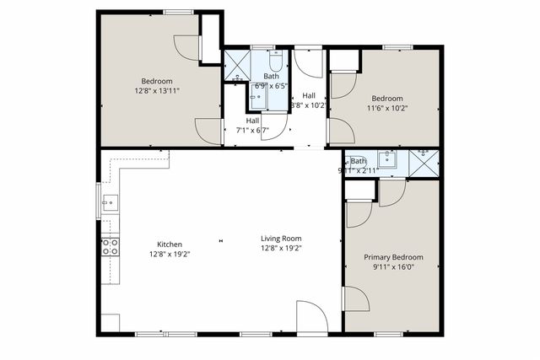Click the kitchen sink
(110, 203)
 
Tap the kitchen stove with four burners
(110, 246)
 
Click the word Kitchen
(170, 244)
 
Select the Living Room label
(281, 239)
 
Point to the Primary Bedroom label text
(393, 257)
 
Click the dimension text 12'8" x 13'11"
(157, 90)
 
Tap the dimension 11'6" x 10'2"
(389, 107)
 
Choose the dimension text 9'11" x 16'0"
(393, 267)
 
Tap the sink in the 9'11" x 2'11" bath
(388, 159)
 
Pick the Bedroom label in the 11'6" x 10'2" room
(389, 97)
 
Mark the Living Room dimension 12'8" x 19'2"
(281, 248)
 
